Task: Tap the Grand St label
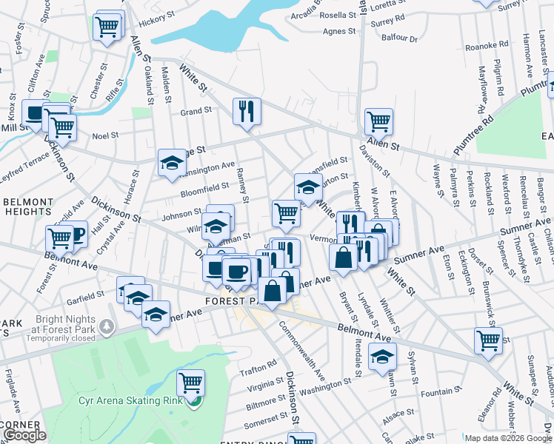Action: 196,111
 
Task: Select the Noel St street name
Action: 105,135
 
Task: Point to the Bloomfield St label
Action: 205,189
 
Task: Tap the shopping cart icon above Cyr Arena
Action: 190,383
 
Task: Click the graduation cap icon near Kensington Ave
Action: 172,163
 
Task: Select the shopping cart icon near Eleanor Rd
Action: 488,340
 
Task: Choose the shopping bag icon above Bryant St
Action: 343,258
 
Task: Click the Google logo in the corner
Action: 24,435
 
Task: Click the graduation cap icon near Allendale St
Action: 382,357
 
